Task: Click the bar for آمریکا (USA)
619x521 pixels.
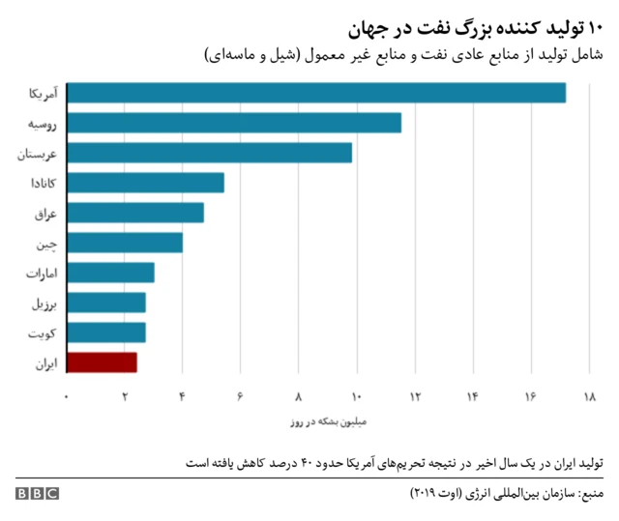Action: tap(316, 93)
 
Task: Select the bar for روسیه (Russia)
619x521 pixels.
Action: tap(234, 123)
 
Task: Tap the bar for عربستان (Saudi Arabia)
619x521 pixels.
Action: tap(210, 153)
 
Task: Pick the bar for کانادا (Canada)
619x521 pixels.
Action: tap(145, 183)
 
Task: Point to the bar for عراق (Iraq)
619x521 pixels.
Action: tap(135, 213)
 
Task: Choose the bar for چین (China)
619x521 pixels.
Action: tap(125, 243)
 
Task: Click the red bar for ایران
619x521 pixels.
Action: tap(102, 362)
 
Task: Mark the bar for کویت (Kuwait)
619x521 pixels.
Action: tap(106, 333)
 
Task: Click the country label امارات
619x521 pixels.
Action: tap(43, 274)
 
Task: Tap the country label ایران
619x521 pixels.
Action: tap(45, 363)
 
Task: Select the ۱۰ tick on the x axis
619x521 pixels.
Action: tap(357, 397)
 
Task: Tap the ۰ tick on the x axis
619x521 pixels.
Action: tap(67, 397)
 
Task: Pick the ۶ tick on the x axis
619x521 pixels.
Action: tap(241, 397)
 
